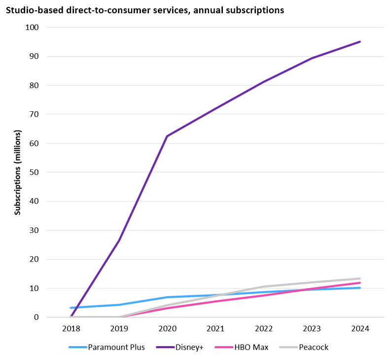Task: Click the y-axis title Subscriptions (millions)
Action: point(18,172)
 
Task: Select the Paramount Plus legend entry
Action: point(116,347)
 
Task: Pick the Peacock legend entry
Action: point(313,347)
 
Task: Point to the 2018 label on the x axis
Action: point(71,328)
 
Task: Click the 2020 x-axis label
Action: point(167,328)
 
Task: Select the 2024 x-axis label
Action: point(360,328)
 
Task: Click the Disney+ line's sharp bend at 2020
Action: point(167,136)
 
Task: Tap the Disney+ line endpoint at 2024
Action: point(360,41)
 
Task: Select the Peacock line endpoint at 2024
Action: point(360,278)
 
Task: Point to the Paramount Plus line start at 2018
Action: point(71,308)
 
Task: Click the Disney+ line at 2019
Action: point(119,240)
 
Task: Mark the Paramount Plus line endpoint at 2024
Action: point(360,288)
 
